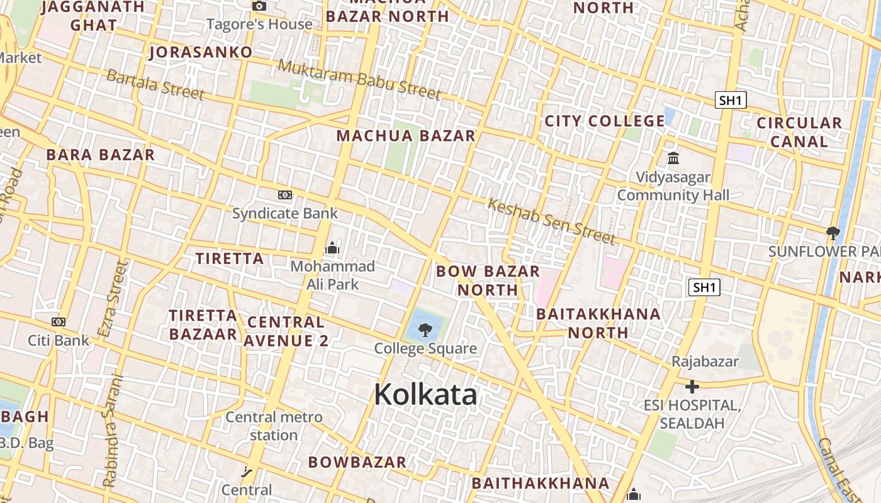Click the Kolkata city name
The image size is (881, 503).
tap(425, 395)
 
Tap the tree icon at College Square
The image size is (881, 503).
tap(425, 329)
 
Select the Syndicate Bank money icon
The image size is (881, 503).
tap(285, 195)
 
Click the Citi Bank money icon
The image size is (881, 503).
tap(59, 322)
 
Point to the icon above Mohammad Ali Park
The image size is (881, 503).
tap(332, 248)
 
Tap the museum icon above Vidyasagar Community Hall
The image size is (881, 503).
tap(673, 158)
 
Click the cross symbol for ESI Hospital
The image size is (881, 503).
tap(692, 386)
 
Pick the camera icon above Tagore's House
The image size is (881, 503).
tap(259, 6)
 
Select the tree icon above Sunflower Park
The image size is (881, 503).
tap(833, 233)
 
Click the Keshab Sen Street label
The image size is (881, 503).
tap(551, 221)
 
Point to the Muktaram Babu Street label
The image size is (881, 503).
tap(359, 79)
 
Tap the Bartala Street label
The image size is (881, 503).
tap(155, 84)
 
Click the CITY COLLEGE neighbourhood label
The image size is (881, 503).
tap(605, 121)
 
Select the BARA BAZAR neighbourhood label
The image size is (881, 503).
tap(101, 155)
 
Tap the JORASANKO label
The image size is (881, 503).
tap(201, 52)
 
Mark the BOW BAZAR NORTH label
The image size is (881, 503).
tap(488, 280)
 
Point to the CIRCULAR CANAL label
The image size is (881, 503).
tap(799, 132)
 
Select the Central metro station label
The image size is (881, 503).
tap(274, 426)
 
